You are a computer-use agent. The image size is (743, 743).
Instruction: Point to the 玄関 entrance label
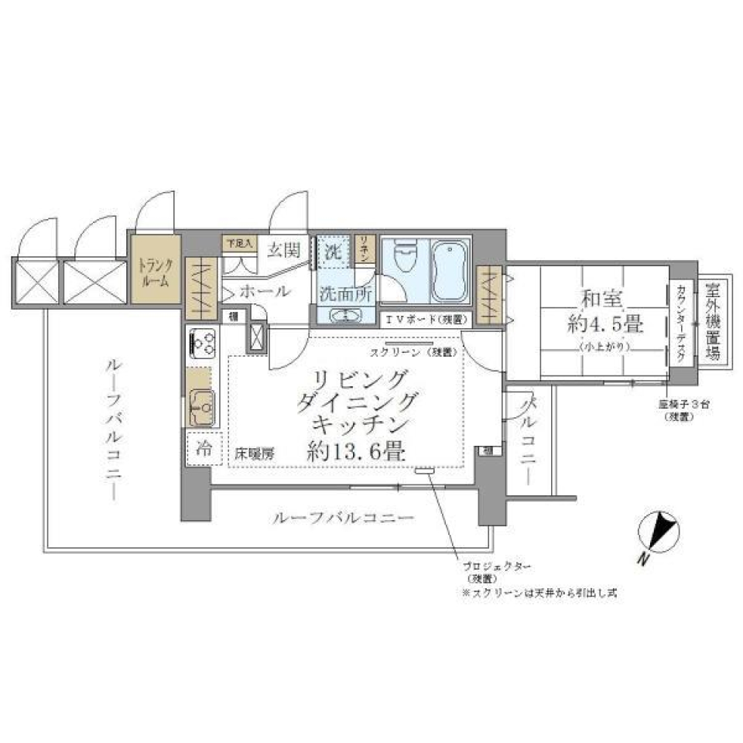pyautogui.click(x=284, y=249)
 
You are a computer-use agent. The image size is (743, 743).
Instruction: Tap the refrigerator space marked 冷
pyautogui.click(x=203, y=447)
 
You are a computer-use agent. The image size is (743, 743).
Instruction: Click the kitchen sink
pyautogui.click(x=203, y=404)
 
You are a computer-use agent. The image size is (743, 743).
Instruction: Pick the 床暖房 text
pyautogui.click(x=255, y=455)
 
